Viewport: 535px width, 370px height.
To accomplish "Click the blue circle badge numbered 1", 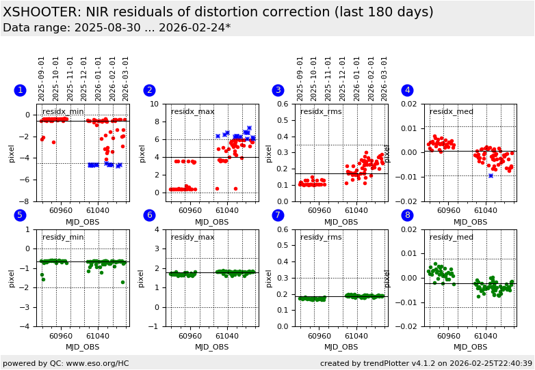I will tap(20, 90).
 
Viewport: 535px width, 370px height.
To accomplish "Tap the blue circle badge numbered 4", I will tap(407, 90).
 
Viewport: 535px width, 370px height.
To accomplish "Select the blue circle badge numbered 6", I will tap(149, 215).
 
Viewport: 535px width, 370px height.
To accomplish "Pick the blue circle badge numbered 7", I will tap(278, 215).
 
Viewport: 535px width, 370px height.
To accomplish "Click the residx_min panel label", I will tap(63, 112).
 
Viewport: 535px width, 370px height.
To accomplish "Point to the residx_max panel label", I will tap(193, 112).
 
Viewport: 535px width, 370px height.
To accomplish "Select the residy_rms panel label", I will tap(322, 238).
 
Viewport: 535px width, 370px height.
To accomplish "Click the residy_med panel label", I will tap(451, 238).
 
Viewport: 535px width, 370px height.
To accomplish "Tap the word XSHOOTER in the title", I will tap(41, 12).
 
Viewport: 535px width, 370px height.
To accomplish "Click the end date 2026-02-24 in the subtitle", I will tap(198, 28).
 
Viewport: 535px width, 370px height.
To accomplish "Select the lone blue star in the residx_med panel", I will tap(491, 175).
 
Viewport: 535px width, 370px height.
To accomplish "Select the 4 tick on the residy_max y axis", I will tap(159, 229).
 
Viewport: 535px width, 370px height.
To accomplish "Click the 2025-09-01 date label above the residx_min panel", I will tap(42, 79).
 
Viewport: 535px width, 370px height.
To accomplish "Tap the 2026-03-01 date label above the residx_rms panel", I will tap(384, 79).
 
